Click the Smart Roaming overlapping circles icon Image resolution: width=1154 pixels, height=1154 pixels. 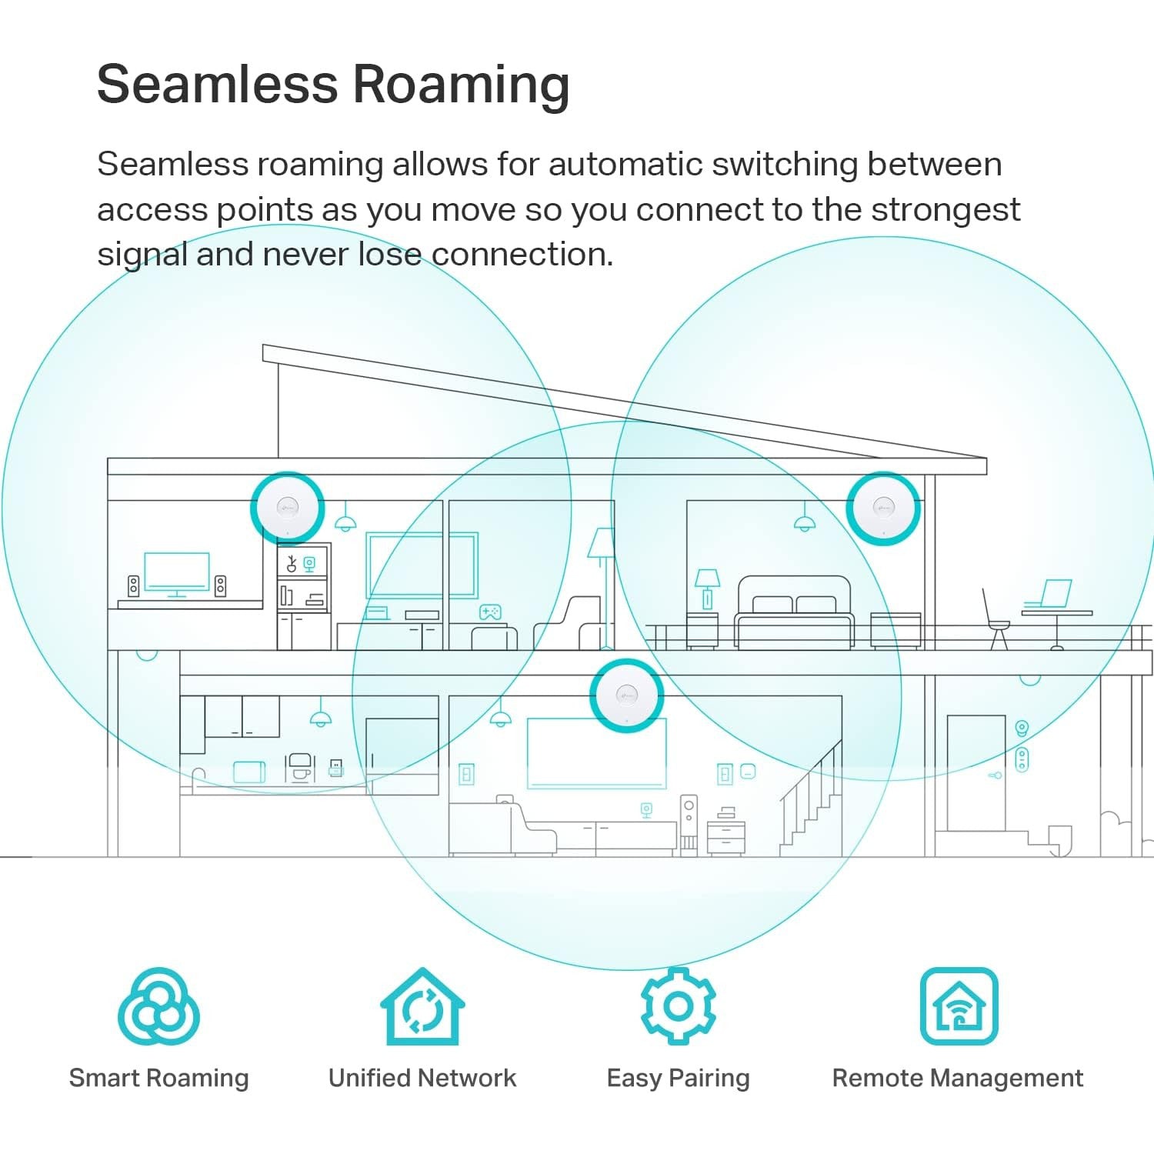[158, 1007]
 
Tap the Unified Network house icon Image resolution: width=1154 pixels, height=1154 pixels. [422, 1007]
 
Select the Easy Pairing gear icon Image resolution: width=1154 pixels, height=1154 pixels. [678, 1006]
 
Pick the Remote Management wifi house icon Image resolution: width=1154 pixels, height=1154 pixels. [959, 1006]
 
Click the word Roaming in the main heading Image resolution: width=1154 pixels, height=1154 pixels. [461, 84]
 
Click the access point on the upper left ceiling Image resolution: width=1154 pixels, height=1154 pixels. [288, 508]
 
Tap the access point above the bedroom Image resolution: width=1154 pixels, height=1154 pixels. [883, 508]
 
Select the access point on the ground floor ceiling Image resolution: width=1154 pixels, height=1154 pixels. [626, 696]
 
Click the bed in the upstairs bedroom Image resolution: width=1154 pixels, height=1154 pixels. [794, 613]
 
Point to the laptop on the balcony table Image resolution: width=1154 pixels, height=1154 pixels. [1049, 594]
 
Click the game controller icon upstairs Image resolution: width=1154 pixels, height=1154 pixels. [490, 612]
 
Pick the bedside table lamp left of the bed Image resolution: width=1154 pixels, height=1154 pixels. [707, 588]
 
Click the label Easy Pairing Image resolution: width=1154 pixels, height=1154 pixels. [678, 1078]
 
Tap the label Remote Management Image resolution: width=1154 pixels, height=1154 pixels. [958, 1078]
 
